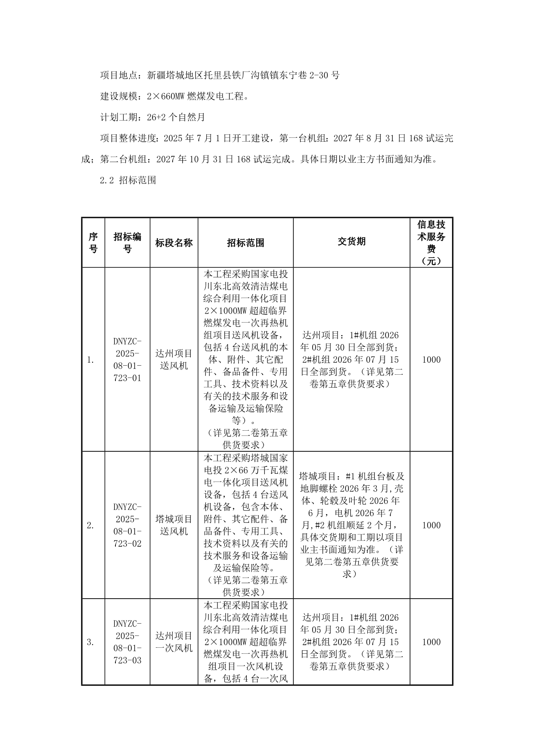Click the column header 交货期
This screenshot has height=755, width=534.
coord(351,242)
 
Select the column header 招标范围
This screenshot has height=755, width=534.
coord(245,243)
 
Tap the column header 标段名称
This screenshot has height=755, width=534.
coord(174,243)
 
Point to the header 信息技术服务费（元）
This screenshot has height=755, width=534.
coord(431,243)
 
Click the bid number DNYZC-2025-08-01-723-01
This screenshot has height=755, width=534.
coord(127,360)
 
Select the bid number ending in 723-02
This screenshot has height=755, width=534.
coord(127,525)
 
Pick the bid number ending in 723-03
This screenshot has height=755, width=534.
coord(127,642)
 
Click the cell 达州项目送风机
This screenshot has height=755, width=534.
coord(174,360)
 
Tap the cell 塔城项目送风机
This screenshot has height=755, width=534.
coord(174,525)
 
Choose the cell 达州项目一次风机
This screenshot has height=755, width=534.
coord(174,642)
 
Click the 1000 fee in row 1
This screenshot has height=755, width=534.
coord(431,360)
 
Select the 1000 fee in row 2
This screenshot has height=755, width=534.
coord(431,525)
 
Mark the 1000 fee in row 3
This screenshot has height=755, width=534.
coord(431,642)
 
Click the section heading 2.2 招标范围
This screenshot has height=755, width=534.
coord(128,180)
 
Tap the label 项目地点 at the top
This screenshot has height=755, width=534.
coord(119,75)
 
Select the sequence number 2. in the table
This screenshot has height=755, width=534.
coord(90,525)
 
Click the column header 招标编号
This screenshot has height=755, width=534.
coord(127,243)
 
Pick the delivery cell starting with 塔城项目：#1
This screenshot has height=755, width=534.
coord(351,525)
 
